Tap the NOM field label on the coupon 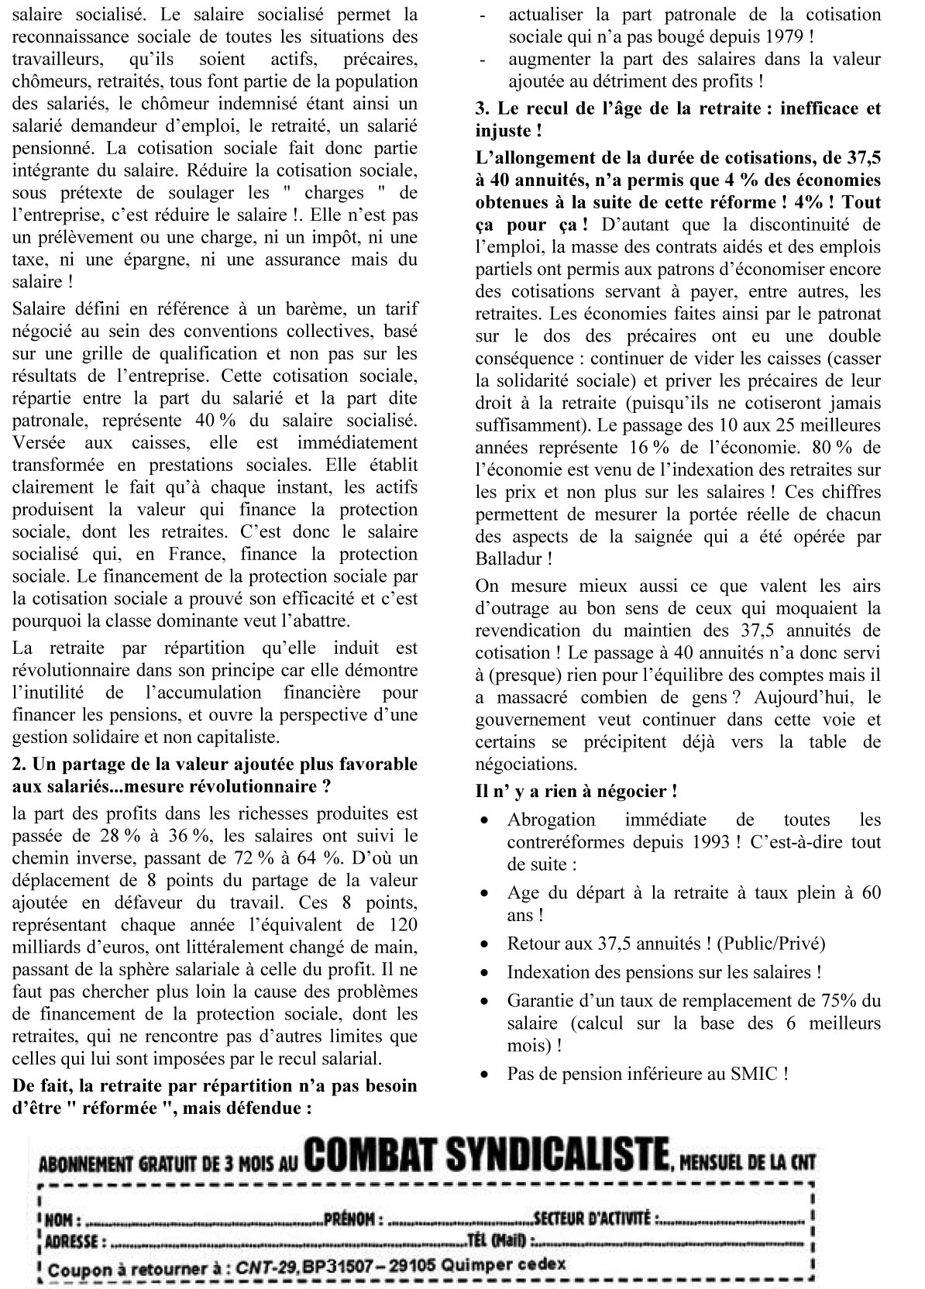(x=63, y=1219)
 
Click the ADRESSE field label (x=71, y=1242)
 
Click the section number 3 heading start (x=482, y=109)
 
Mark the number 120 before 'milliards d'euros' (x=401, y=925)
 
